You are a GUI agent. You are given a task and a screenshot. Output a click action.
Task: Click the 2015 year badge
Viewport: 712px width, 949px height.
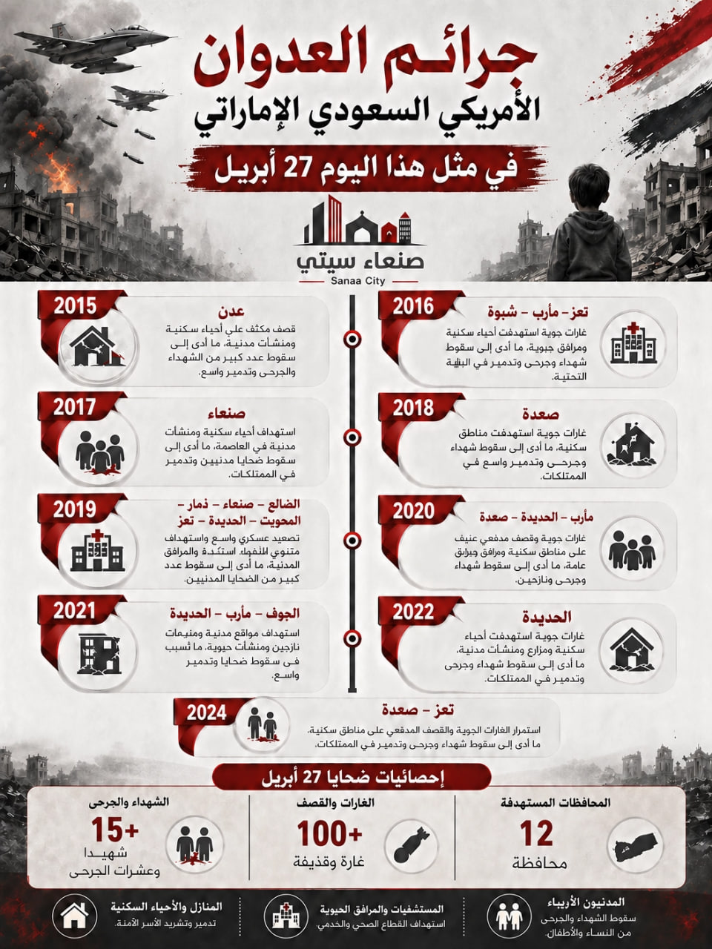76,305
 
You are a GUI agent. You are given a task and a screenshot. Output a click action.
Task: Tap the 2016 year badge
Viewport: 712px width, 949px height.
413,305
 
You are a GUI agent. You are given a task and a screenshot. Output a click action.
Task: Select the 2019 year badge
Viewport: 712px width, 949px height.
75,509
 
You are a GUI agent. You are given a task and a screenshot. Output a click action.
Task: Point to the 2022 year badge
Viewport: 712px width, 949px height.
413,612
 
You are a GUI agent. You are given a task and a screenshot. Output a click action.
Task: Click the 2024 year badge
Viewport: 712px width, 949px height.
206,712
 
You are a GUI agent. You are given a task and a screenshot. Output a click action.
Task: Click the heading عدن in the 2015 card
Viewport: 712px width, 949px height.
231,311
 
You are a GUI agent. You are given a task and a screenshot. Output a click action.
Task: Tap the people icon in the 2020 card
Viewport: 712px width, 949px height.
632,549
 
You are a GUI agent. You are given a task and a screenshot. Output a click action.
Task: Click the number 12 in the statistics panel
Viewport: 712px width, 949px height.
536,835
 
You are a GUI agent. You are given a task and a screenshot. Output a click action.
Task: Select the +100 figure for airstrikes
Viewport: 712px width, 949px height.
330,835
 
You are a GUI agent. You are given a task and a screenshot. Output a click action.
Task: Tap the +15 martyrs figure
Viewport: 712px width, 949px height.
115,831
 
